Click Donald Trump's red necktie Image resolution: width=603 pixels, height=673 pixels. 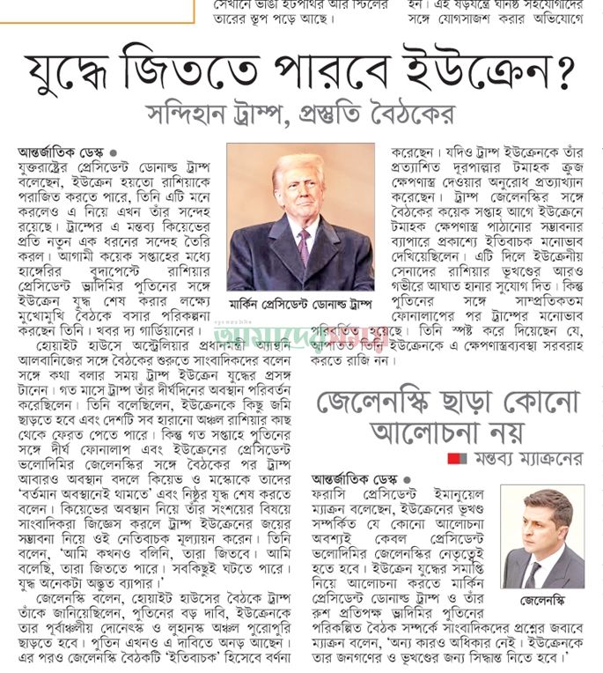303,245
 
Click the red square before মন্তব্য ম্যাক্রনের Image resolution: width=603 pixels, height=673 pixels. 453,458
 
